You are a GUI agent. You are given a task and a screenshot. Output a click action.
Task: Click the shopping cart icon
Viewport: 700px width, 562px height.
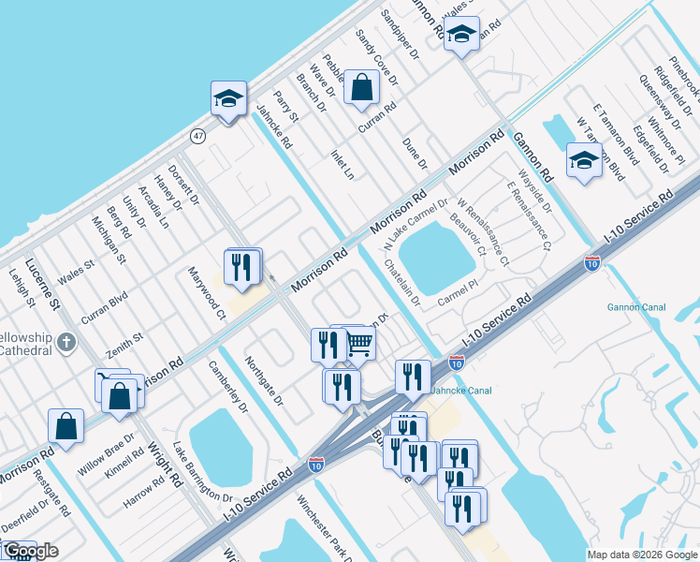click(x=360, y=345)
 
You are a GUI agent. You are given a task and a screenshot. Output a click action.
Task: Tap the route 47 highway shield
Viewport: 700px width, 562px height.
click(x=198, y=136)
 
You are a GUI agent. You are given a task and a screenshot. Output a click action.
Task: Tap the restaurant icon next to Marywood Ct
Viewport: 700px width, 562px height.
click(x=243, y=267)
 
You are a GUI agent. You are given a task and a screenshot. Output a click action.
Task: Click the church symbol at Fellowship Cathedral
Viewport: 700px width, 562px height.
click(x=66, y=342)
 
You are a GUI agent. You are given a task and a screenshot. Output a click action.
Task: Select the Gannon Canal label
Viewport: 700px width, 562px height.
click(x=661, y=305)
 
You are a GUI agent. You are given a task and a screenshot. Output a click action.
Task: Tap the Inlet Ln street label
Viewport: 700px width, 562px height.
click(x=343, y=163)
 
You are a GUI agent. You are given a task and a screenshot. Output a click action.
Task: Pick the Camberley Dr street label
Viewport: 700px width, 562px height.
click(x=228, y=388)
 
